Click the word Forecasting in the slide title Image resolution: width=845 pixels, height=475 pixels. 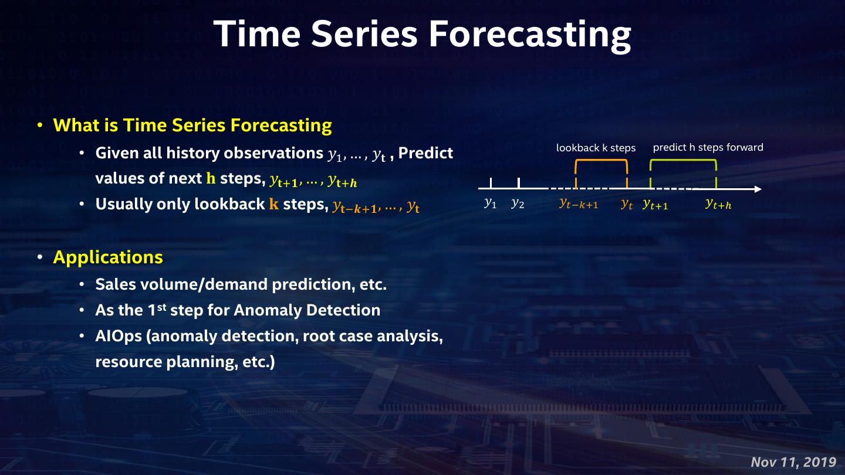coord(530,35)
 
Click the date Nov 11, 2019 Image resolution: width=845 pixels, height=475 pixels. coord(794,462)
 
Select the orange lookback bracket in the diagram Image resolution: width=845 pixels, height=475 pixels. coord(601,161)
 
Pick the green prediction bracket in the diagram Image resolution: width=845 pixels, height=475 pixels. coord(683,161)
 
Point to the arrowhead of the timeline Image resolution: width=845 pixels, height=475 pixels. coord(758,189)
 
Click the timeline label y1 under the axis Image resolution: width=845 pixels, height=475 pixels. coord(491,203)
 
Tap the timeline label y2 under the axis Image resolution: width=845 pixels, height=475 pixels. coord(518,203)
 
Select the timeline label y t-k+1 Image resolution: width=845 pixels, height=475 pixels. coord(579,204)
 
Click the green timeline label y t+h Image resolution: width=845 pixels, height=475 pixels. coord(719,204)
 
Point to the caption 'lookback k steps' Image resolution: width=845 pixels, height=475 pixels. coord(596,148)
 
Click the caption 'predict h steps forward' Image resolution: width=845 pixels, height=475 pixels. coord(708,147)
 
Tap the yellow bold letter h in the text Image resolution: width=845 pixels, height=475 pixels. coord(211,178)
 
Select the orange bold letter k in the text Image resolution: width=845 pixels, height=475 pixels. coord(274,204)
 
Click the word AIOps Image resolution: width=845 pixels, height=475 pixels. coord(119,336)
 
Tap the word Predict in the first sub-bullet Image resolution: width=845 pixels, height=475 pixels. coord(425,153)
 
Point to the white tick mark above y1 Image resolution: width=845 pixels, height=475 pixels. coord(491,183)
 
